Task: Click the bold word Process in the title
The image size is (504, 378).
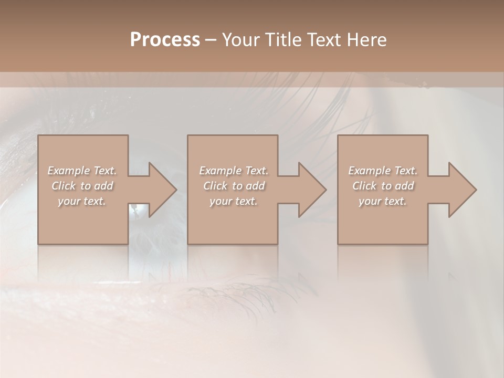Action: (165, 40)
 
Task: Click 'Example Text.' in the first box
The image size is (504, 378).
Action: (82, 171)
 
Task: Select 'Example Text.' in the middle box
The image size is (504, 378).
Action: (234, 171)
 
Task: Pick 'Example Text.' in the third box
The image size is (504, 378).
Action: (383, 171)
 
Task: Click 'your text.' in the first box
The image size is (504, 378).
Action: (82, 201)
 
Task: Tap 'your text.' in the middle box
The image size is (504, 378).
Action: (234, 201)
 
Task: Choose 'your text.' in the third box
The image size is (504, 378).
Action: (383, 201)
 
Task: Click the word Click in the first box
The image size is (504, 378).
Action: (63, 186)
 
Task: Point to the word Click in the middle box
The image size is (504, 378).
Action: (215, 186)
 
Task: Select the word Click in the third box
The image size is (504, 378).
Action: (364, 186)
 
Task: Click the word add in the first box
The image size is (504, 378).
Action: (104, 186)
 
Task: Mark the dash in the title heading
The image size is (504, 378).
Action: (211, 40)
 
